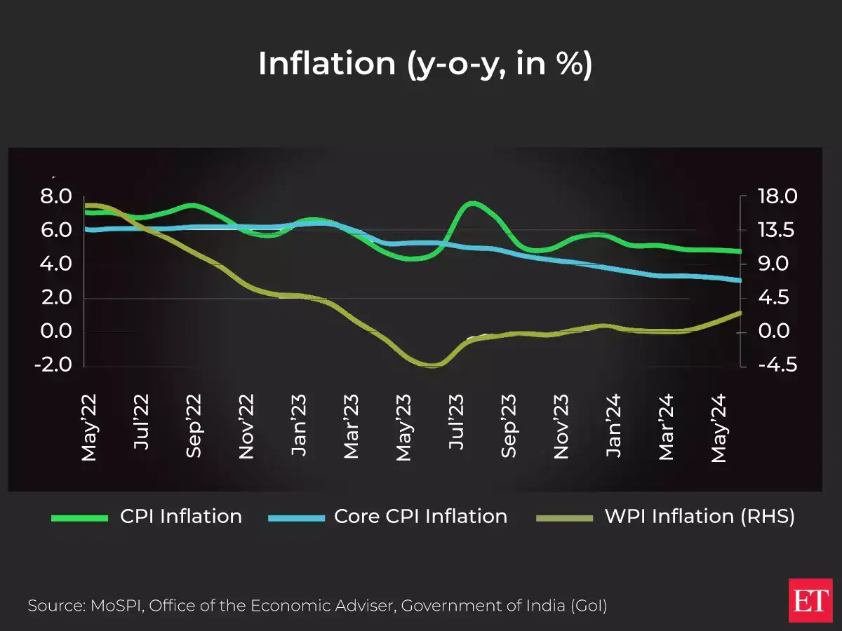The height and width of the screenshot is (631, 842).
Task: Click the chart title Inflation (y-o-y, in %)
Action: [x=425, y=64]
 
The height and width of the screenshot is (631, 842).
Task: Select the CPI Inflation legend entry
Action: [x=180, y=517]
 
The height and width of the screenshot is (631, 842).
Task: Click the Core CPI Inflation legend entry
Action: [x=420, y=517]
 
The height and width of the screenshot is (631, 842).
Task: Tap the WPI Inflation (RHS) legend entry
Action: [x=699, y=517]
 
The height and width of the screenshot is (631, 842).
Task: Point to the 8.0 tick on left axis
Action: [x=56, y=197]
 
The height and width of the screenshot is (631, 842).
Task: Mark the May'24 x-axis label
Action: [x=719, y=428]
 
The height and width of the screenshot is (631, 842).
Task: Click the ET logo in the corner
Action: [x=810, y=600]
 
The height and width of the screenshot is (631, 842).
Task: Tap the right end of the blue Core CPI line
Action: [x=740, y=280]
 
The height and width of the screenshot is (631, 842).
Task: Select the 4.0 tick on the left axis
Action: [x=56, y=264]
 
